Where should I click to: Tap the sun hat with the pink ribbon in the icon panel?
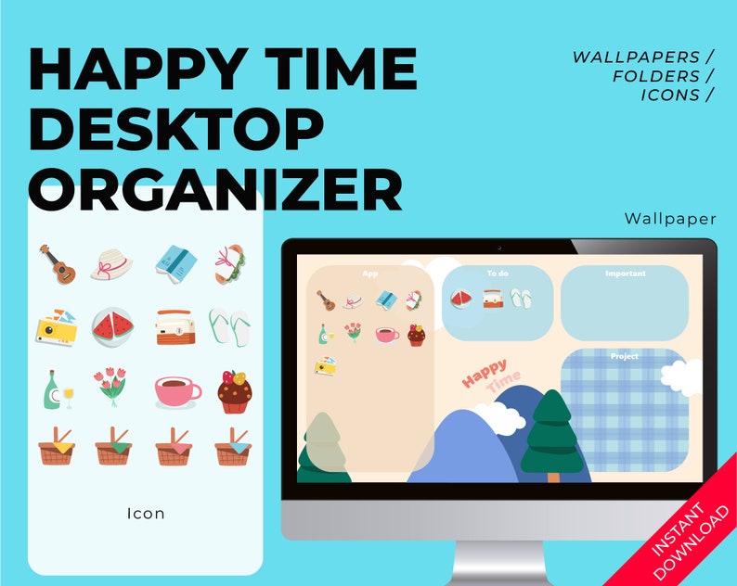coord(112,264)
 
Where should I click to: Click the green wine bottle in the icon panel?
coord(54,389)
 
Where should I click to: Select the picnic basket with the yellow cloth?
coord(57,447)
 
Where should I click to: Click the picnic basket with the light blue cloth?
coord(233,447)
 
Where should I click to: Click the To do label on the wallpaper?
coord(497,274)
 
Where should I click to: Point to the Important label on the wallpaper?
coord(625,274)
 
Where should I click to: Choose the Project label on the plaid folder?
coord(625,356)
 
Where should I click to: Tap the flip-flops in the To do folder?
coord(522,299)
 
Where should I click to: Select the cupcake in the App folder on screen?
coord(416,335)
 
